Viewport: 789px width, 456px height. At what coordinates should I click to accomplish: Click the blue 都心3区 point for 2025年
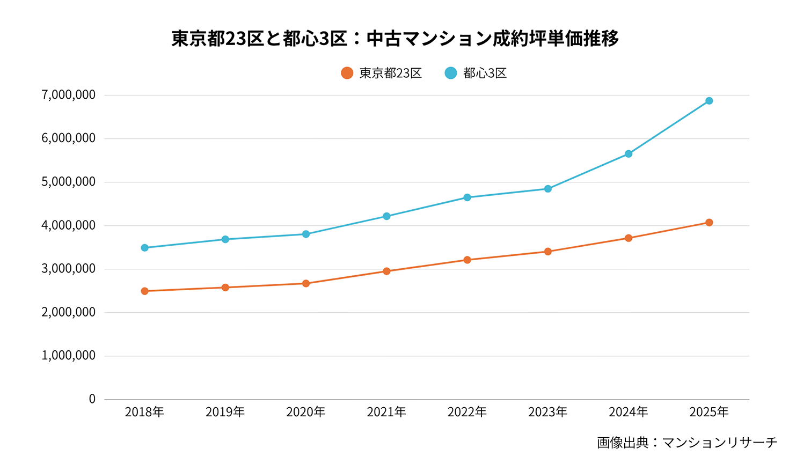coord(708,101)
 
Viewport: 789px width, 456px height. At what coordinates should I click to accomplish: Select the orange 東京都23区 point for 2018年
coord(144,291)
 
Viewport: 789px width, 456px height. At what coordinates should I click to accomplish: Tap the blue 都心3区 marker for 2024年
coord(628,154)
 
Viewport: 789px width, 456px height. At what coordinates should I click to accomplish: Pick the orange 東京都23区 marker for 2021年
coord(386,271)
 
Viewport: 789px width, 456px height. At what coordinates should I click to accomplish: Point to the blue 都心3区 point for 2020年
coord(306,234)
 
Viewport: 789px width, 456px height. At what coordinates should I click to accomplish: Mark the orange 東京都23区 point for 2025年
coord(708,223)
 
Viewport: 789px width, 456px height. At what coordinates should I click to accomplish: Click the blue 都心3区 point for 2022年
coord(467,197)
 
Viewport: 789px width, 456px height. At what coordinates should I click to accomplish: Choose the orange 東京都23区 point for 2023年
coord(547,252)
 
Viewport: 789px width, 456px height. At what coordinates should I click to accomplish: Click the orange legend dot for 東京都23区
coord(347,73)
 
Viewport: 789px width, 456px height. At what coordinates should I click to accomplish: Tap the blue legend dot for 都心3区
coord(451,73)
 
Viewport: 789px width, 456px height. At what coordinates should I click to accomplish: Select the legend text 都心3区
coord(485,73)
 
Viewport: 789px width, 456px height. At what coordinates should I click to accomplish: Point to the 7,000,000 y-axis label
coord(68,95)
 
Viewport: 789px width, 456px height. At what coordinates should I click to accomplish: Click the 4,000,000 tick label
coord(68,225)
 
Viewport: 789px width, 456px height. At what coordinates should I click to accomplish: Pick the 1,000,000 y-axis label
coord(68,356)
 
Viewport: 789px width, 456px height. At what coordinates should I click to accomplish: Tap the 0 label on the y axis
coord(92,399)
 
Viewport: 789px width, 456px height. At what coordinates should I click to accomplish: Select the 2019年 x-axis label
coord(225,412)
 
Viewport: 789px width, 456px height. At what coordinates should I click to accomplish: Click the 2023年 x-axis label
coord(547,412)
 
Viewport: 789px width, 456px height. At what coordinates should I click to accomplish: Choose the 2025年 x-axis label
coord(708,412)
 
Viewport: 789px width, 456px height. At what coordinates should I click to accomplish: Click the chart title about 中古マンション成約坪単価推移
coord(394,39)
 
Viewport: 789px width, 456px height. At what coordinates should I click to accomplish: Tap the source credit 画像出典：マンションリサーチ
coord(686,443)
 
